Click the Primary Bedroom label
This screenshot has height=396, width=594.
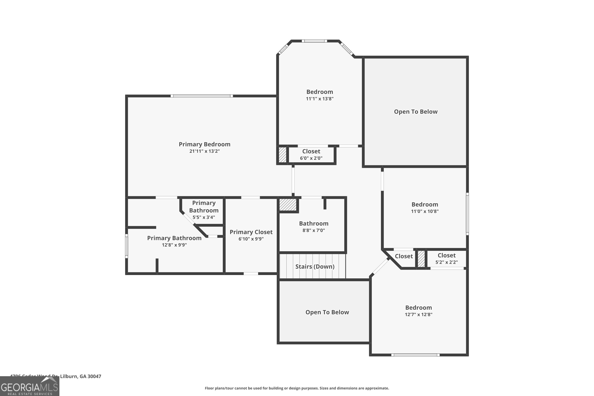(x=204, y=144)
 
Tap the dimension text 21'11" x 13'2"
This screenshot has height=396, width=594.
(x=204, y=151)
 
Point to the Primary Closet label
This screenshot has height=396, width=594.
(x=251, y=232)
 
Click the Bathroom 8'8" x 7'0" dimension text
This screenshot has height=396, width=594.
(x=313, y=230)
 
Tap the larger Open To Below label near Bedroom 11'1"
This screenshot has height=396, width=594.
(x=415, y=112)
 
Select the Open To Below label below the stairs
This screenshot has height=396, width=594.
(x=327, y=312)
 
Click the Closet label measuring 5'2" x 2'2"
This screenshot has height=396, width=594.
(x=446, y=255)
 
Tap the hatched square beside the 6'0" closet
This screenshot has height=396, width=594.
(x=282, y=155)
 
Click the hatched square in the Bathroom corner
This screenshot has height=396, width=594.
(x=288, y=205)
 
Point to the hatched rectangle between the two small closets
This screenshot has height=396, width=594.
(x=421, y=259)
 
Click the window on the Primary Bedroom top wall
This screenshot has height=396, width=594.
(x=202, y=96)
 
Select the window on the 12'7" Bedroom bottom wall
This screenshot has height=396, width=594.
(x=415, y=355)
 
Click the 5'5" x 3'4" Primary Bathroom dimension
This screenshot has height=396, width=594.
(x=204, y=217)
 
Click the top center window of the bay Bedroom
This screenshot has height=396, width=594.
(x=314, y=41)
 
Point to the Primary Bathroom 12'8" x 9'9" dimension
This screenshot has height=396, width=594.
(x=174, y=245)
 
